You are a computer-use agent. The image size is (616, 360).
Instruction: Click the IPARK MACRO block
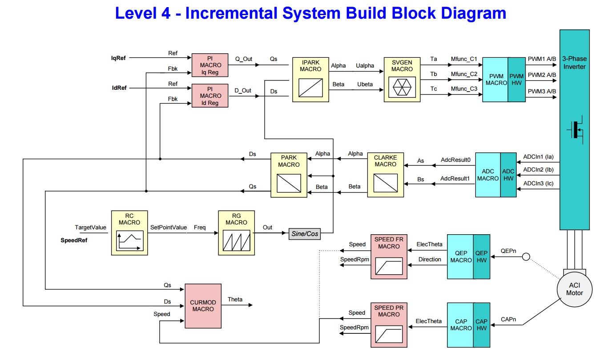click(310, 80)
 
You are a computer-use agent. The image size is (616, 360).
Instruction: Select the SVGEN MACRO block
click(402, 80)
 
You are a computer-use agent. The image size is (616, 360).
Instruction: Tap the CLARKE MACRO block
click(385, 175)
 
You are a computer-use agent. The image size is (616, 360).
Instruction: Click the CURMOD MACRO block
click(203, 306)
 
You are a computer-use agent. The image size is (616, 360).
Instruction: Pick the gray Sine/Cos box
click(304, 234)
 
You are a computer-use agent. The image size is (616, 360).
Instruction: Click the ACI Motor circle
click(574, 289)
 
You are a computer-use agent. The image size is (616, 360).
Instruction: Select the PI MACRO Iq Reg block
click(210, 65)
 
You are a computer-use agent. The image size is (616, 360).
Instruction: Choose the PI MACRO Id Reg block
click(210, 96)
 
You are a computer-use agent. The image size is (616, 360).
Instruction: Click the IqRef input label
click(119, 57)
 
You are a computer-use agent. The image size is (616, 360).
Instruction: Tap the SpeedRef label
click(74, 240)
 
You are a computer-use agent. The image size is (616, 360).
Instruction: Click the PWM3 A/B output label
click(542, 91)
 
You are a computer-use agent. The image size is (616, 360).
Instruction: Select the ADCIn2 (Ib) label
click(538, 169)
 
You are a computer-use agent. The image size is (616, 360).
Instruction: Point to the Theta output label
click(235, 299)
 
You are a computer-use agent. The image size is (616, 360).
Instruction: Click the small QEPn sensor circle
click(526, 256)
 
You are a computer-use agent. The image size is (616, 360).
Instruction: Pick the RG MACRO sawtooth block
click(236, 233)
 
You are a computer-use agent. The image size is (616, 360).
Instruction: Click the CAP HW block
click(482, 325)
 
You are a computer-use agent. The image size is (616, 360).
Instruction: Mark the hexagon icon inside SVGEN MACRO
click(402, 87)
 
